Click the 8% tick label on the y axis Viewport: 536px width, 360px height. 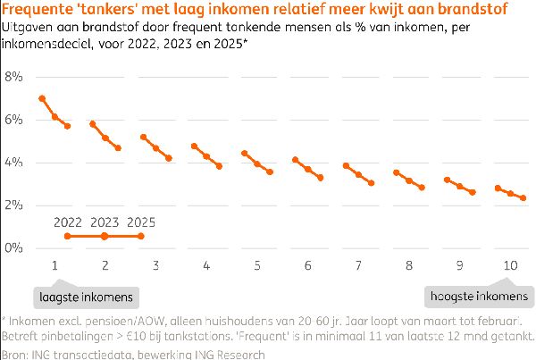[13, 77]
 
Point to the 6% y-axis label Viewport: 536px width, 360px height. [13, 120]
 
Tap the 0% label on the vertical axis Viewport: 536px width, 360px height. [13, 248]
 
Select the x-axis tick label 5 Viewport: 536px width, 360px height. [257, 265]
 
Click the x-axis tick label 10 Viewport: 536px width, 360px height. [511, 265]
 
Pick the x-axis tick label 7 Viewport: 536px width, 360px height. [358, 265]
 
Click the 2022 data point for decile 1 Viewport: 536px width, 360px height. [42, 98]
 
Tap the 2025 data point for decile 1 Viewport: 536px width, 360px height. [67, 126]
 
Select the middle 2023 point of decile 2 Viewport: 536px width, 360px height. [105, 138]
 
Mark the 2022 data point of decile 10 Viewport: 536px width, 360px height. [498, 188]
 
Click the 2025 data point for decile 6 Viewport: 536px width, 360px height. [321, 178]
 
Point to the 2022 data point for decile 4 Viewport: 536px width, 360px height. [194, 146]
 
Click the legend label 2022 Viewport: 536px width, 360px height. [68, 222]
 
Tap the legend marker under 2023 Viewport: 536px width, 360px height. [105, 236]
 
